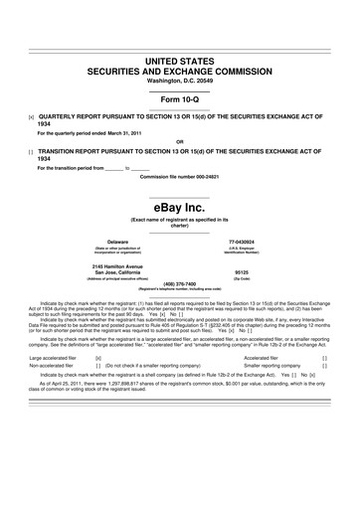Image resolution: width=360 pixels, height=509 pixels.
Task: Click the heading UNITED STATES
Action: [x=179, y=62]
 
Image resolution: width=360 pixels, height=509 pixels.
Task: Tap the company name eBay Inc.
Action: [x=179, y=208]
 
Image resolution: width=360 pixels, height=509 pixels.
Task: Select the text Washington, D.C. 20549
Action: [x=179, y=83]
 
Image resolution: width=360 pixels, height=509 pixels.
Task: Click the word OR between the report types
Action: [x=179, y=140]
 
